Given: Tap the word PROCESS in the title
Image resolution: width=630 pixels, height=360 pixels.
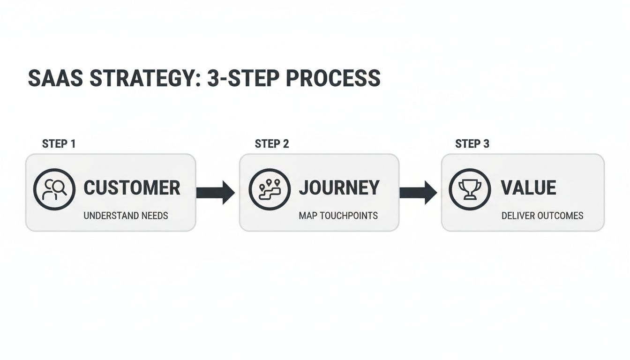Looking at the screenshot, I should point(333,79).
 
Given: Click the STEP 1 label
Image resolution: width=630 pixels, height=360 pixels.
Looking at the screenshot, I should point(59,144).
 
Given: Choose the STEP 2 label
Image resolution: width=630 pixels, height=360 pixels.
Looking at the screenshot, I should point(272,144).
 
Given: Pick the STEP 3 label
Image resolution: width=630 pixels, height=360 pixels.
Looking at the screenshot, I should point(472,144).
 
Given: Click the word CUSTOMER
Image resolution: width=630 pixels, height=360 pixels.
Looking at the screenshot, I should point(132,188).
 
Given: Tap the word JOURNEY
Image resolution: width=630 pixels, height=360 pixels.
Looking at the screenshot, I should point(339,188).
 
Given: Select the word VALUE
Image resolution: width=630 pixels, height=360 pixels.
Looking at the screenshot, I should point(528,188).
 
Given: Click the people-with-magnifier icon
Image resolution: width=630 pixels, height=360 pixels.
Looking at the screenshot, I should point(54,189).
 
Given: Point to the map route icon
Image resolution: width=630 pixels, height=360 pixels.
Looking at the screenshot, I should point(270,189).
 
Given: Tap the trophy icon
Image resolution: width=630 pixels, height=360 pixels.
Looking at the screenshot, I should point(470,189).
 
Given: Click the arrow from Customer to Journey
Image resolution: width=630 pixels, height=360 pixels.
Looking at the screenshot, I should point(216,192).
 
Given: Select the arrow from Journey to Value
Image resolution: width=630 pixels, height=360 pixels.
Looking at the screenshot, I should point(418,192).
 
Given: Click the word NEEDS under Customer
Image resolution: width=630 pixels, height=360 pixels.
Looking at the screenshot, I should point(155,216).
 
